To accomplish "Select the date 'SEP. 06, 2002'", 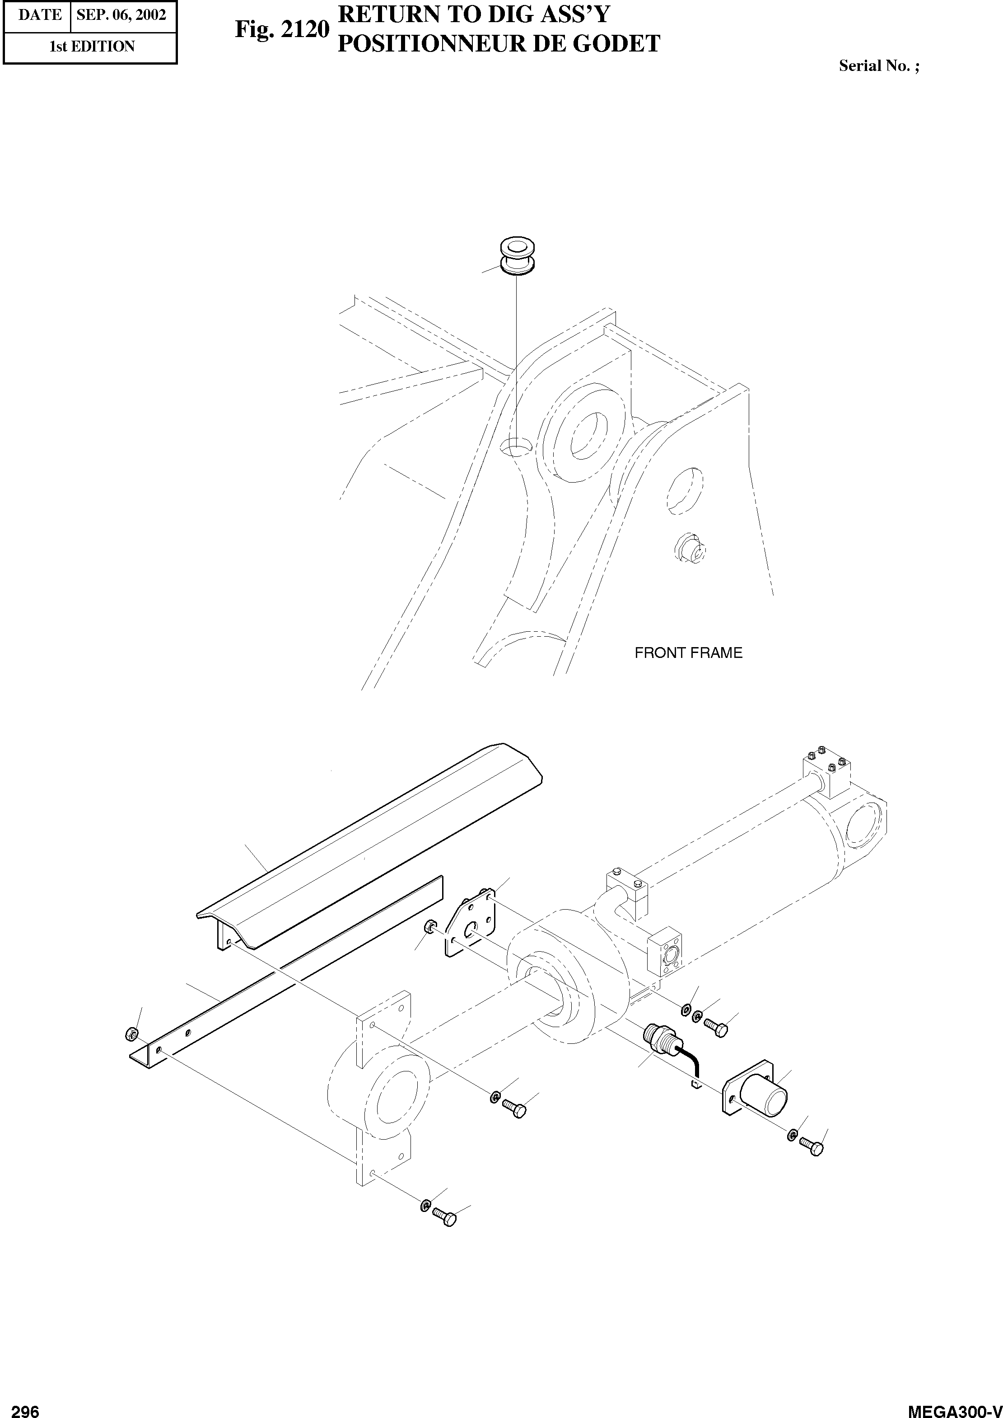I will (121, 15).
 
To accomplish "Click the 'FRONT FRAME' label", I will (688, 653).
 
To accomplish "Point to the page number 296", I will (25, 1406).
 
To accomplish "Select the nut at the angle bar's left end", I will (131, 1033).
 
